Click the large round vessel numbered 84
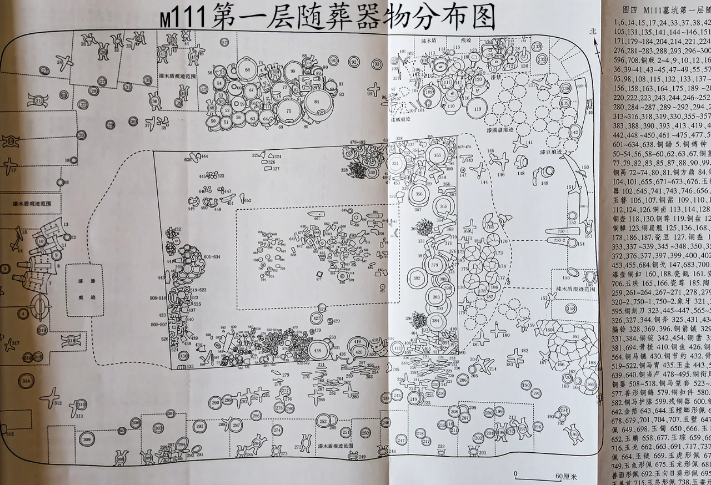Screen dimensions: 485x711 point(316,102)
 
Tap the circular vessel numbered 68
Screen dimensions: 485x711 point(247,69)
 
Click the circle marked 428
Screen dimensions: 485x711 point(318,350)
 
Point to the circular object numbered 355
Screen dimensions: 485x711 point(438,155)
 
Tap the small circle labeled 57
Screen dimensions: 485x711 point(224,42)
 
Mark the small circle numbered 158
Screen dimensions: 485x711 point(570,309)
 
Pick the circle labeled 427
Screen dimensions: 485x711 point(317,319)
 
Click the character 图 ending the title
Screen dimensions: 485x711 point(478,18)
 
